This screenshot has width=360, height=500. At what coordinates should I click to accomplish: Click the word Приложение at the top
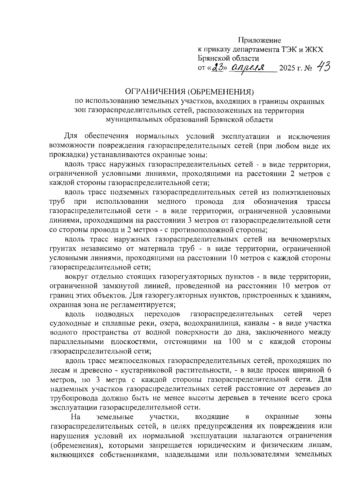coord(260,40)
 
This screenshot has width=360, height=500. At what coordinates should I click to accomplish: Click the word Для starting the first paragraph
coord(71,136)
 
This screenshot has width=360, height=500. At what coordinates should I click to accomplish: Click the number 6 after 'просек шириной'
coord(329,370)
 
